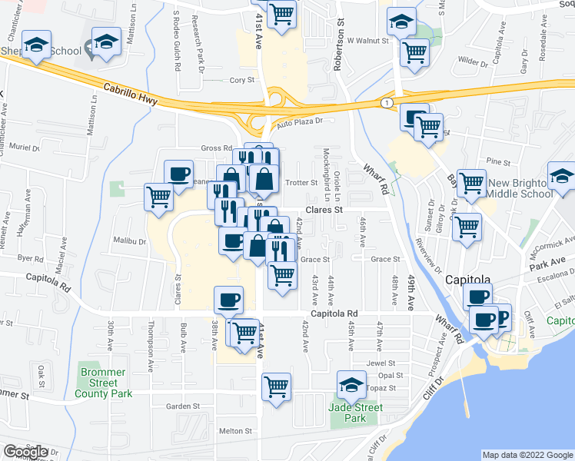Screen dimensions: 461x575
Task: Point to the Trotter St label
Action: point(301,183)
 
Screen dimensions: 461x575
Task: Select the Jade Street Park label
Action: point(354,413)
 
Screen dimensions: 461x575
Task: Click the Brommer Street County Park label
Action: point(103,383)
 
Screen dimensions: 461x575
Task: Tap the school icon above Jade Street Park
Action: point(352,384)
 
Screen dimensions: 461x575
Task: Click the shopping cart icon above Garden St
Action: point(275,386)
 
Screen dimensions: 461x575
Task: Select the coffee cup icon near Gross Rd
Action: point(178,173)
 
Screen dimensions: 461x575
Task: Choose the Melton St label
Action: point(234,432)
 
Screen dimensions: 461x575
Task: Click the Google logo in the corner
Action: point(25,452)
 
